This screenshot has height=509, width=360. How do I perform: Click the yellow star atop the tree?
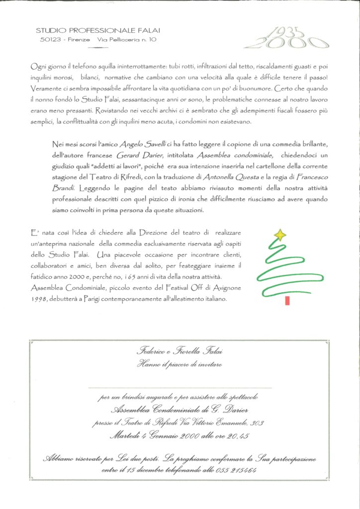281,234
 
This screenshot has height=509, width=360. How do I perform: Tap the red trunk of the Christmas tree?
288,300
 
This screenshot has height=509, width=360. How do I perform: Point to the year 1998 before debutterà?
39,301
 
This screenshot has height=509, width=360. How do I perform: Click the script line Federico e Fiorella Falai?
180,351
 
